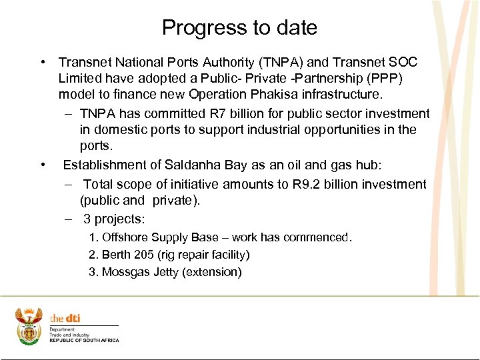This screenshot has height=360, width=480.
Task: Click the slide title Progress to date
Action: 239,27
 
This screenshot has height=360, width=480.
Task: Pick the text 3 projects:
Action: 114,219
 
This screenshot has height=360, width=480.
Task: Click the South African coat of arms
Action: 29,325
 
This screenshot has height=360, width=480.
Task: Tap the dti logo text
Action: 65,319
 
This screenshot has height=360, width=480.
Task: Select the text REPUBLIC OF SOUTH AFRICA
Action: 85,341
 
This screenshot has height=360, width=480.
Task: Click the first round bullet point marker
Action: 42,63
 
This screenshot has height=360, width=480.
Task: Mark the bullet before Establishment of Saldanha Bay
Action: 42,165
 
